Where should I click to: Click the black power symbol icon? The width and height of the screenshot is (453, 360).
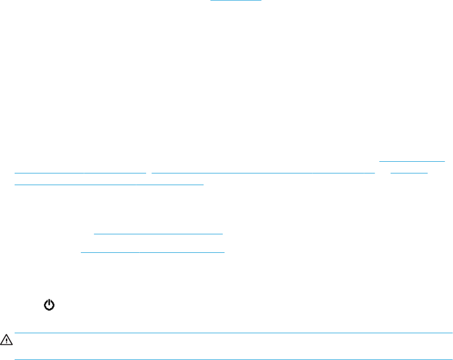49,305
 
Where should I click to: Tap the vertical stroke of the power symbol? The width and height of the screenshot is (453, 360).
49,303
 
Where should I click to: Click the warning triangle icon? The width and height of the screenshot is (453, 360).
6,339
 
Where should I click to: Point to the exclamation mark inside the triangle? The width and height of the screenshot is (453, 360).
6,340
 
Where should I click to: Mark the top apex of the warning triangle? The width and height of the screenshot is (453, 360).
6,336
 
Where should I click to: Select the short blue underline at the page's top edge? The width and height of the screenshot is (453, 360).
236,1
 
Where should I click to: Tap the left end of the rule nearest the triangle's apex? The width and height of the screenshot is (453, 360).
16,333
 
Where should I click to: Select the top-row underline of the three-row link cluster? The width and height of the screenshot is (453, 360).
412,160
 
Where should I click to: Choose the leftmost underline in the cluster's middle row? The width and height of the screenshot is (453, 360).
80,172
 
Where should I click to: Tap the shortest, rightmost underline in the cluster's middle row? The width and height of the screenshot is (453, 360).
409,172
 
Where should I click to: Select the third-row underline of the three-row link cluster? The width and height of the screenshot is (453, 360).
109,185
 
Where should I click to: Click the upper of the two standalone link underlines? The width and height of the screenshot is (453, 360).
158,234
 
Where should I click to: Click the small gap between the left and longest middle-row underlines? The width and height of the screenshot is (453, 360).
150,172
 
